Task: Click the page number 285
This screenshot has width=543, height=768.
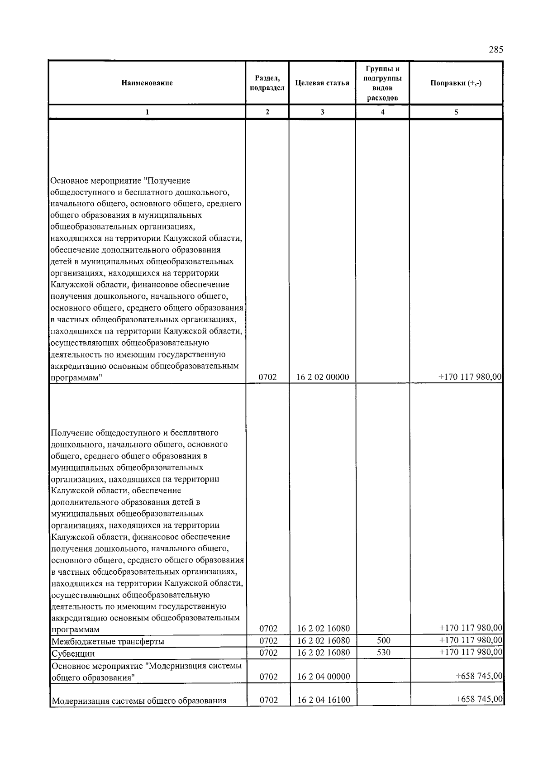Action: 495,50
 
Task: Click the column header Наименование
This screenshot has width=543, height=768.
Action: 147,83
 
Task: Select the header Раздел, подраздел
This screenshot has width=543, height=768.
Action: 267,83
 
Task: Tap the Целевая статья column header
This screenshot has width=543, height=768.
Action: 322,83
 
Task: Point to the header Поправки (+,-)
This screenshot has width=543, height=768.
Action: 456,83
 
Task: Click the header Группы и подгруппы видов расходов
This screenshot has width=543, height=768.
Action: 382,83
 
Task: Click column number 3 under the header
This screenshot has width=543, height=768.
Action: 322,112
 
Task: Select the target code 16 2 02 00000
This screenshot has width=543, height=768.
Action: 323,377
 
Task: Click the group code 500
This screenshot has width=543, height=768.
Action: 383,640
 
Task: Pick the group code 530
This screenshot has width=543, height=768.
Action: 383,653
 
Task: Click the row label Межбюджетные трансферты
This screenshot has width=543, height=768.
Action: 108,641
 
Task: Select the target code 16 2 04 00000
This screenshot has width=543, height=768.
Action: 324,677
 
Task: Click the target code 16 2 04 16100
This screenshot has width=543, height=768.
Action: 324,700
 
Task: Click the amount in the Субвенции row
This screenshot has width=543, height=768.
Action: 471,652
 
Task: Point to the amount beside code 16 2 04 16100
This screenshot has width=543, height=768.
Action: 479,699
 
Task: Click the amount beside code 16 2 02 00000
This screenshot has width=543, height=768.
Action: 471,377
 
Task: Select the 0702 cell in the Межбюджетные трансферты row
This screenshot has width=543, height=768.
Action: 268,640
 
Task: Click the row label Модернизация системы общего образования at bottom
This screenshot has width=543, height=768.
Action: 139,701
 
